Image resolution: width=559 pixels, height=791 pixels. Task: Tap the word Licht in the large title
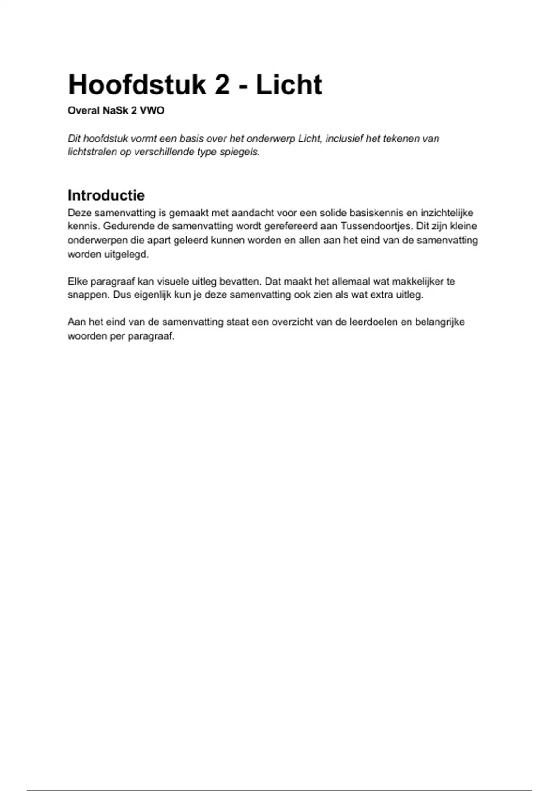289,85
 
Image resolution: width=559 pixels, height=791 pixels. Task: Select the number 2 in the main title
222,85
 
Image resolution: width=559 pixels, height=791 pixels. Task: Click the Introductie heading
106,195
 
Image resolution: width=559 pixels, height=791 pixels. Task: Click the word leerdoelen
373,322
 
